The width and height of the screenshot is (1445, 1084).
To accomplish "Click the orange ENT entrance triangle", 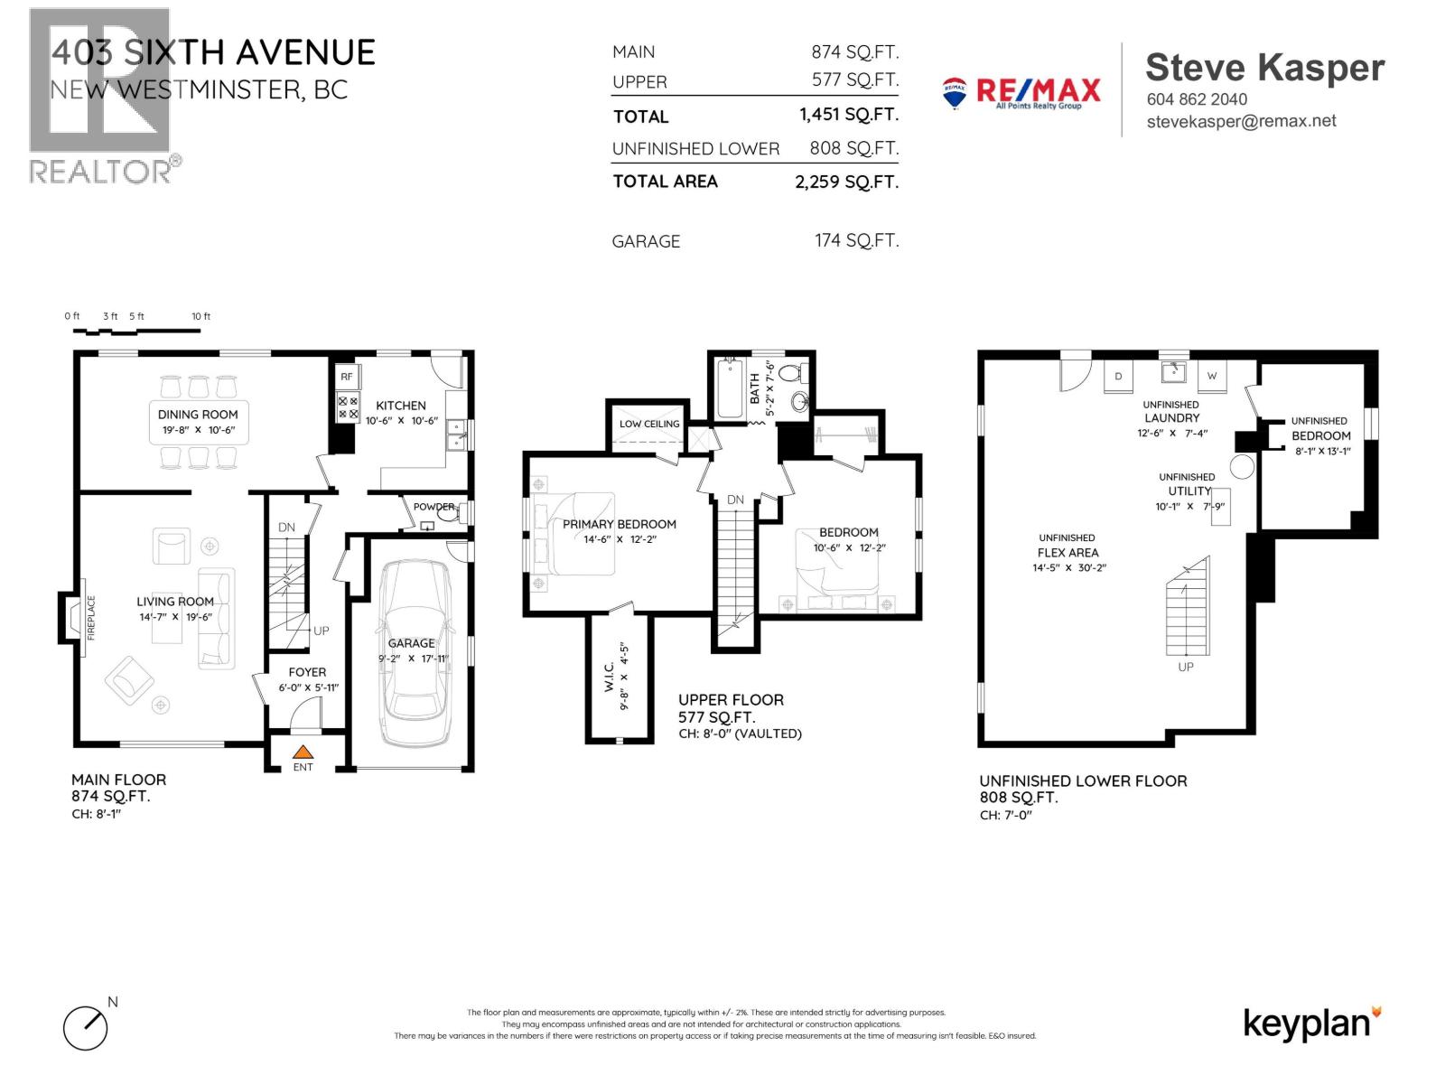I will (303, 751).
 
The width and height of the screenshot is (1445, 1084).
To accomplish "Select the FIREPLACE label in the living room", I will (90, 618).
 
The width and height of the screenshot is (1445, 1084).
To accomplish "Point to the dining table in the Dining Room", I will (199, 421).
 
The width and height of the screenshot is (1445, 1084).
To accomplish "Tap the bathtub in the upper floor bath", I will (729, 389).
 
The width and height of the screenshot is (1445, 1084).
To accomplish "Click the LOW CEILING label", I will (649, 424).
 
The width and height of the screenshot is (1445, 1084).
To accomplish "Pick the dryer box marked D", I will (1118, 376).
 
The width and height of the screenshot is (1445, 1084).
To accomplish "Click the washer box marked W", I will (1212, 376).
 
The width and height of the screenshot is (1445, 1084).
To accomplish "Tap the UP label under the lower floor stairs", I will (1186, 667).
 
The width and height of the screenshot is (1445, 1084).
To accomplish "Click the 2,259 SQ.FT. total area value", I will (846, 182).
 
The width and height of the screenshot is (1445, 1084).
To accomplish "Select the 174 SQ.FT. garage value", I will (856, 240).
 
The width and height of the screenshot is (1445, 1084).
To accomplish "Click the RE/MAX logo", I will (1021, 92).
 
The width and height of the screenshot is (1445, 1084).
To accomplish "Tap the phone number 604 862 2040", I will (1197, 99).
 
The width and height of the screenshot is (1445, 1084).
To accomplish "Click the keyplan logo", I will (1311, 1023).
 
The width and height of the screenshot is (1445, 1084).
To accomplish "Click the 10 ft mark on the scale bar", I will (200, 316).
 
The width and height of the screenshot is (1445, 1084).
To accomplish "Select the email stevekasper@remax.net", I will (1241, 121).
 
